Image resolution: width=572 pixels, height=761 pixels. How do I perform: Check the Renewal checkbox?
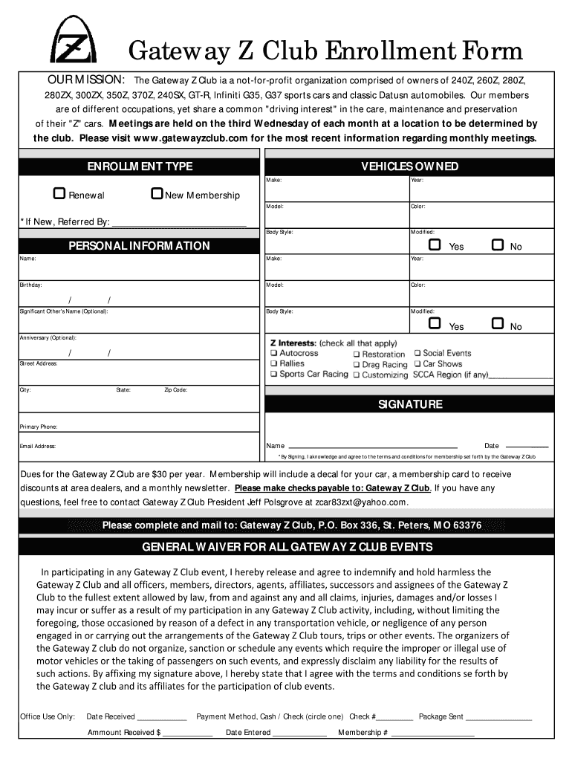click(59, 194)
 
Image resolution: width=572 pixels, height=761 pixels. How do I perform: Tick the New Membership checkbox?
click(156, 194)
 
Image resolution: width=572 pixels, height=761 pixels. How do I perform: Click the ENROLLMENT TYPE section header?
click(140, 166)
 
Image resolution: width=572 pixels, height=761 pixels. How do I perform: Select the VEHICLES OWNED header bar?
click(409, 166)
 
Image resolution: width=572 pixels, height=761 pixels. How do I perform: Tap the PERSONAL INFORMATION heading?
click(140, 246)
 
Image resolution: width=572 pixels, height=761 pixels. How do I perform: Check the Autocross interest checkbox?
click(273, 353)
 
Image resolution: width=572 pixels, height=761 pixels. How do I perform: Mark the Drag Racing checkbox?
click(357, 365)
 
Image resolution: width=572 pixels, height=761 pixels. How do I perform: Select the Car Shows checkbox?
click(417, 364)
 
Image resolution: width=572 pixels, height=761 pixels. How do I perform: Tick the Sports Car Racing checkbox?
click(273, 375)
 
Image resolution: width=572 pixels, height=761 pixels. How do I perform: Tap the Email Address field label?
click(38, 447)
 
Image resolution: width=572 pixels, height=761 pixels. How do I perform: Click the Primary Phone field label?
click(39, 427)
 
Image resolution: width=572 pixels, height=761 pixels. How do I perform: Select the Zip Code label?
click(175, 389)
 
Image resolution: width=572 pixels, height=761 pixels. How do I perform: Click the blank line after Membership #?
click(432, 734)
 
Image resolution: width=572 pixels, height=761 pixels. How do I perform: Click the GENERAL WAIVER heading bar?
click(287, 547)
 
